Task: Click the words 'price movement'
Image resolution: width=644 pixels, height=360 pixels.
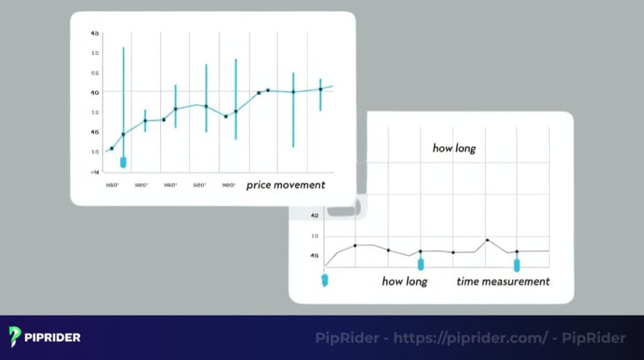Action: pos(286,185)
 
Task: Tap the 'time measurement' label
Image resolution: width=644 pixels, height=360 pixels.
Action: pos(503,281)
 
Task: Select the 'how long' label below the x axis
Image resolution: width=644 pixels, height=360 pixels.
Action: pos(404,281)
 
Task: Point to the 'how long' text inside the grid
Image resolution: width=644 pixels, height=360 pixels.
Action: pos(454,149)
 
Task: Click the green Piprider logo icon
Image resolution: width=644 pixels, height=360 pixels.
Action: pos(15,336)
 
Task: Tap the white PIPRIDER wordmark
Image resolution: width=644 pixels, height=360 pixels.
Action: pos(53,337)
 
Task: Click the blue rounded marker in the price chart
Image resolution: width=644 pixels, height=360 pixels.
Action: pos(123,162)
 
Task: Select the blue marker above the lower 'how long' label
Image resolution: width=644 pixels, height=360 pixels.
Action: pos(421,264)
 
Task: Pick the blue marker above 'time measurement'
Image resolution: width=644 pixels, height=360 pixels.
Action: pos(517,264)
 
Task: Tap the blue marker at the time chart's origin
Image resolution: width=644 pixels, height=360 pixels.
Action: pos(325,280)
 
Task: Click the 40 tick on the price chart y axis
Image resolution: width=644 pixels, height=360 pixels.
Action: pos(95,93)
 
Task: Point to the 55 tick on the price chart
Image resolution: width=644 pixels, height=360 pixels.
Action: pos(95,73)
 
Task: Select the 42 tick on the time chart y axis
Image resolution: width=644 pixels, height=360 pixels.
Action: pos(315,216)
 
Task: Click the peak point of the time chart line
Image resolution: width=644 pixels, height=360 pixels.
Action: pos(487,240)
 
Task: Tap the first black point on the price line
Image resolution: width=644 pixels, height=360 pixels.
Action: pos(112,149)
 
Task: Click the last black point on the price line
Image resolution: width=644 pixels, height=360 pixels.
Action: pos(320,89)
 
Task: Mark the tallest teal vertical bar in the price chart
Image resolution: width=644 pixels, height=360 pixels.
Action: pos(123,101)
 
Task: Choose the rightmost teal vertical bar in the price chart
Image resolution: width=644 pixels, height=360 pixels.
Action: pos(320,94)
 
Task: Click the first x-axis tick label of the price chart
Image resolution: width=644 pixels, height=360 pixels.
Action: pos(112,185)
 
